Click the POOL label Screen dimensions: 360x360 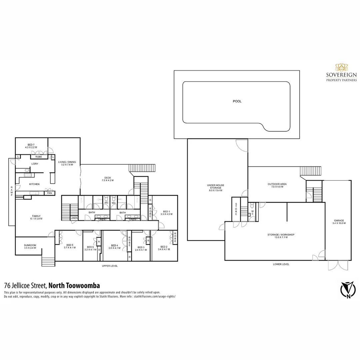(237, 101)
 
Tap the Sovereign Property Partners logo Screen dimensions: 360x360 (341, 72)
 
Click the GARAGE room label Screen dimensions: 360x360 (339, 220)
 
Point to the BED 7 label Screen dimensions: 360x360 (31, 144)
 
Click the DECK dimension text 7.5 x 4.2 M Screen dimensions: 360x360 (108, 180)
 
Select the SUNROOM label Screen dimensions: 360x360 (30, 245)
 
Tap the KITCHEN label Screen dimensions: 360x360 (34, 184)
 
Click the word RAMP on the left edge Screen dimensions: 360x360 (11, 191)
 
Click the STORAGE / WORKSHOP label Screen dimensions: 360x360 (281, 235)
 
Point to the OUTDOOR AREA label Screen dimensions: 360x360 (277, 184)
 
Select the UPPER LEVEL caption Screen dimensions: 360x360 (110, 266)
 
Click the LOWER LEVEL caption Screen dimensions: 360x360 (281, 264)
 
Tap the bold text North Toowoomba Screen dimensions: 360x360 (74, 286)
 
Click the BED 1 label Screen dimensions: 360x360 (166, 211)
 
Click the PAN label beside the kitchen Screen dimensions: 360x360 (49, 193)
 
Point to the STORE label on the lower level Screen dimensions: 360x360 (236, 209)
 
